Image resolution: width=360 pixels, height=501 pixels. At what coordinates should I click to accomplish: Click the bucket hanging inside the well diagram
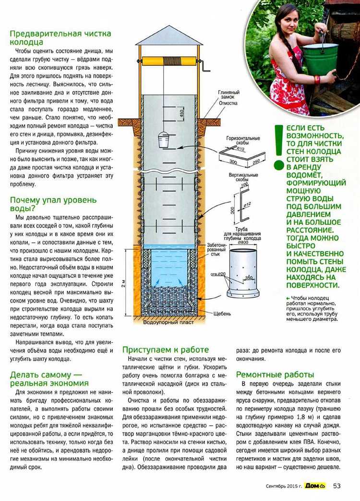point(163,140)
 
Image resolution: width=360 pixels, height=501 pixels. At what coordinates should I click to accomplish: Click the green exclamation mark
point(277,147)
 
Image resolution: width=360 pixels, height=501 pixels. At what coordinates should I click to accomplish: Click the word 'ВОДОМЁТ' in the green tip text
point(307,175)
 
